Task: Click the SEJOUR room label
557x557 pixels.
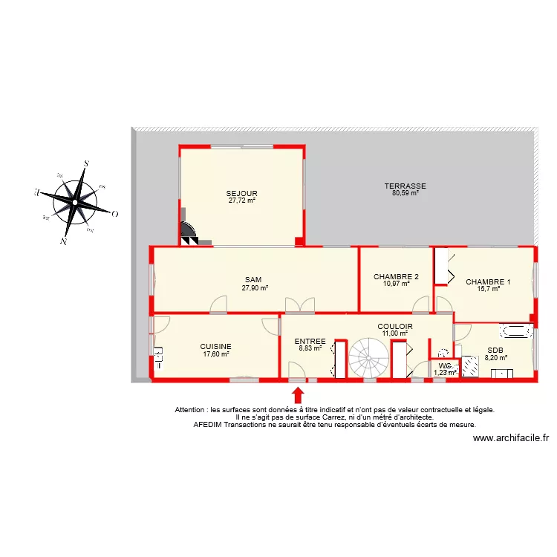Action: (x=242, y=193)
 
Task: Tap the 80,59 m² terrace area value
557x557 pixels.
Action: (x=405, y=193)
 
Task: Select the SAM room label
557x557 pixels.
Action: (x=253, y=280)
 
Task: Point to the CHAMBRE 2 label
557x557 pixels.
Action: (x=396, y=277)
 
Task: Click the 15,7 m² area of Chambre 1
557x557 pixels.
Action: (x=488, y=289)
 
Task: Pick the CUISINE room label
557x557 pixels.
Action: (x=215, y=346)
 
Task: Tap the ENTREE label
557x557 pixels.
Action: (x=310, y=341)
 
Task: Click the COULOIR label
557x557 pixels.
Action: (x=394, y=326)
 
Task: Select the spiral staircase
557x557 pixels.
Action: (x=368, y=358)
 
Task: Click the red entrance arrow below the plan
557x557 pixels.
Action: (x=298, y=394)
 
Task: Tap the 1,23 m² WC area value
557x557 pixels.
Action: (x=445, y=372)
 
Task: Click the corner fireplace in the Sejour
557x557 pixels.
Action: (x=188, y=235)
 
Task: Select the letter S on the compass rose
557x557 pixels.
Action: (x=86, y=163)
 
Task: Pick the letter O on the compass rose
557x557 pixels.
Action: (x=115, y=214)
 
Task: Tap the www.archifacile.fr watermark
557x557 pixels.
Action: (x=510, y=438)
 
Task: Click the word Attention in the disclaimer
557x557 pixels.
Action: (x=190, y=409)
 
